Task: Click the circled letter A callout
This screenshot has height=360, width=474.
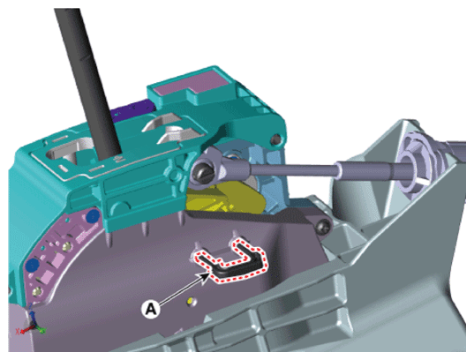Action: coord(151,309)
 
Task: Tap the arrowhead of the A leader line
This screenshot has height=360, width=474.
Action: coord(206,275)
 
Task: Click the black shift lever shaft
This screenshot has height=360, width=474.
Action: coord(87,81)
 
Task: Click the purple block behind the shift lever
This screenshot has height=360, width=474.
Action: coord(133,110)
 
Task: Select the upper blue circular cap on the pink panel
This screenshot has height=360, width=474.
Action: coord(93,216)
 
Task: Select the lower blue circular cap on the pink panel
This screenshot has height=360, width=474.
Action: coord(33,265)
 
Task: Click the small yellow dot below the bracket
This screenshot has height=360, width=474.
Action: coord(191,301)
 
